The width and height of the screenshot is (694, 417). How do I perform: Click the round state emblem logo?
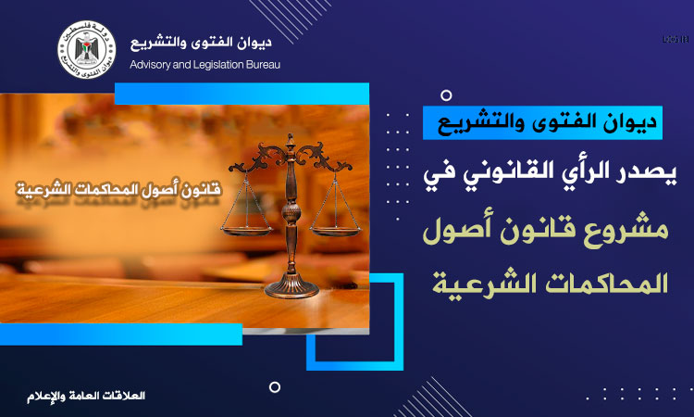click(87, 50)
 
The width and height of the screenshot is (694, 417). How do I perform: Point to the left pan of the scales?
click(246, 231)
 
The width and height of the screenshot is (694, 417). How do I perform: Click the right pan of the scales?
click(335, 231)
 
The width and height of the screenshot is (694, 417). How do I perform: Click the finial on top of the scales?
click(291, 140)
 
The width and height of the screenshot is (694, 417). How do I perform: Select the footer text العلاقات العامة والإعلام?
click(86, 396)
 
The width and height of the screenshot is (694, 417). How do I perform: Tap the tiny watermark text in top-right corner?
click(675, 40)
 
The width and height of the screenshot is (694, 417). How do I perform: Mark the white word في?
click(436, 173)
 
